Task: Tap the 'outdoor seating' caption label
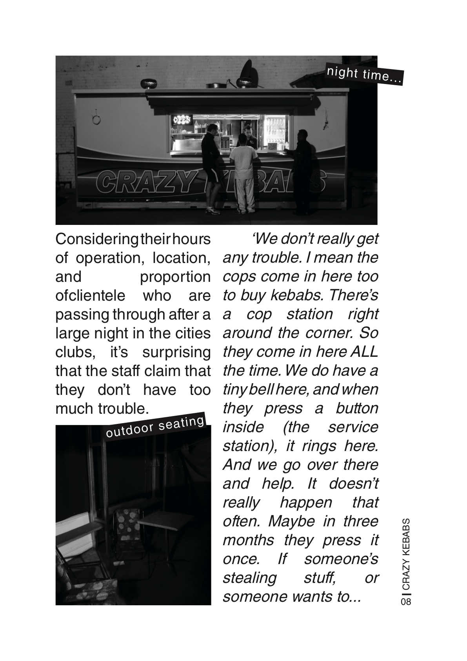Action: click(x=155, y=426)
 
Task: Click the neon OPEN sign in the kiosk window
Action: click(x=182, y=119)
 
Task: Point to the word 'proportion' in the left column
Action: click(x=175, y=277)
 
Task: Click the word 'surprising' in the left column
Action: click(x=176, y=352)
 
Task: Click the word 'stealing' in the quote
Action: click(x=250, y=578)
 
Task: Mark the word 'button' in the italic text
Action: click(x=357, y=408)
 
